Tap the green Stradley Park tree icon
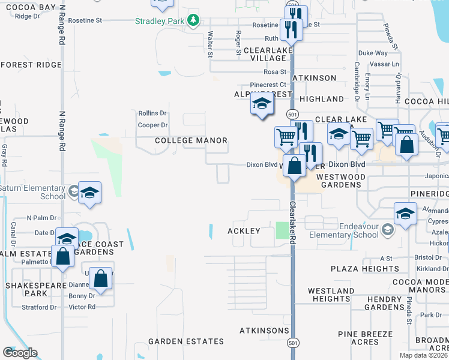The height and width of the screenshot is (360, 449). (x=193, y=21)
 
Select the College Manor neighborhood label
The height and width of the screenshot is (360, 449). (x=191, y=140)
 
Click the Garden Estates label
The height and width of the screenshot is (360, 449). (x=186, y=341)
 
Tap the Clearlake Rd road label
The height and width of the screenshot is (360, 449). (x=293, y=222)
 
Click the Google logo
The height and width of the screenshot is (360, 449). (x=20, y=353)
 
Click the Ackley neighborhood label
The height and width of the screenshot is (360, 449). (x=244, y=231)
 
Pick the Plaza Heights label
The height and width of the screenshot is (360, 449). (x=357, y=269)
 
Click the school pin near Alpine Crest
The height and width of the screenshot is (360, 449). (x=262, y=106)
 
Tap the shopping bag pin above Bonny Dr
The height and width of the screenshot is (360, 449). (x=101, y=280)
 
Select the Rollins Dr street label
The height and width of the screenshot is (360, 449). (x=152, y=113)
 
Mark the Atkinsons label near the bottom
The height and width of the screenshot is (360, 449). (x=264, y=331)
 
